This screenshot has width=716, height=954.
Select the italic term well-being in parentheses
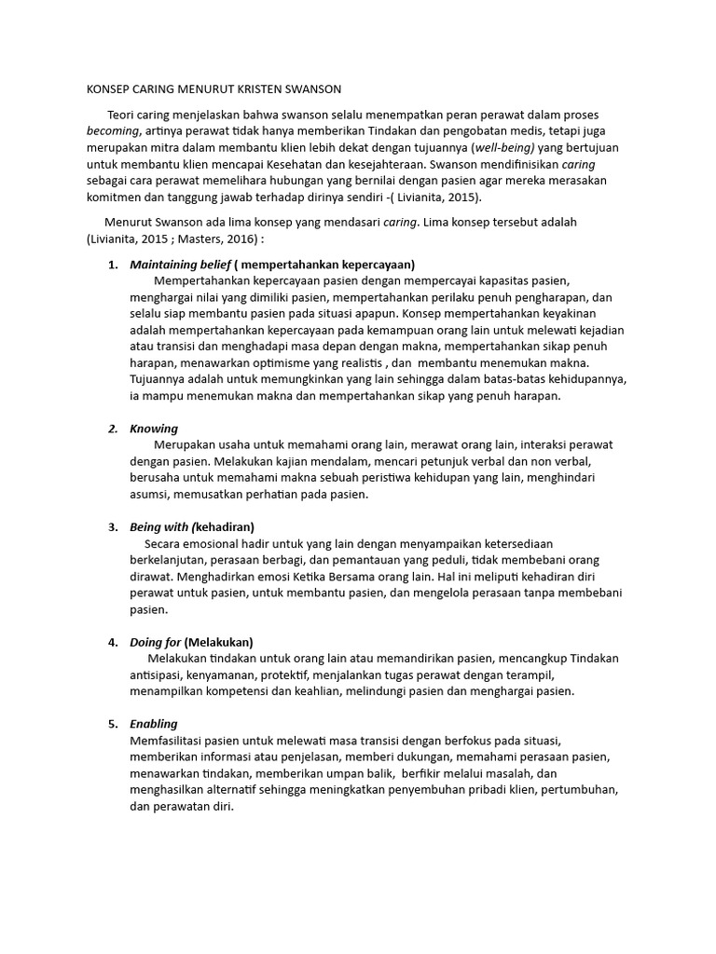[505, 148]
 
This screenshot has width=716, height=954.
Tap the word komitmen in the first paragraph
[113, 198]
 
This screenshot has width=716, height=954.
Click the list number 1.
[112, 264]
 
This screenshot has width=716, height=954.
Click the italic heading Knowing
[154, 429]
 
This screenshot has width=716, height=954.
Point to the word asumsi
[148, 495]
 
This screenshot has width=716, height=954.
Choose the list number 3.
[112, 526]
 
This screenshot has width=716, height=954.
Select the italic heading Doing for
[156, 642]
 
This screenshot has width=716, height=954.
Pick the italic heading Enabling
[154, 723]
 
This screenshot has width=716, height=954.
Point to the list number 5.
[112, 723]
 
